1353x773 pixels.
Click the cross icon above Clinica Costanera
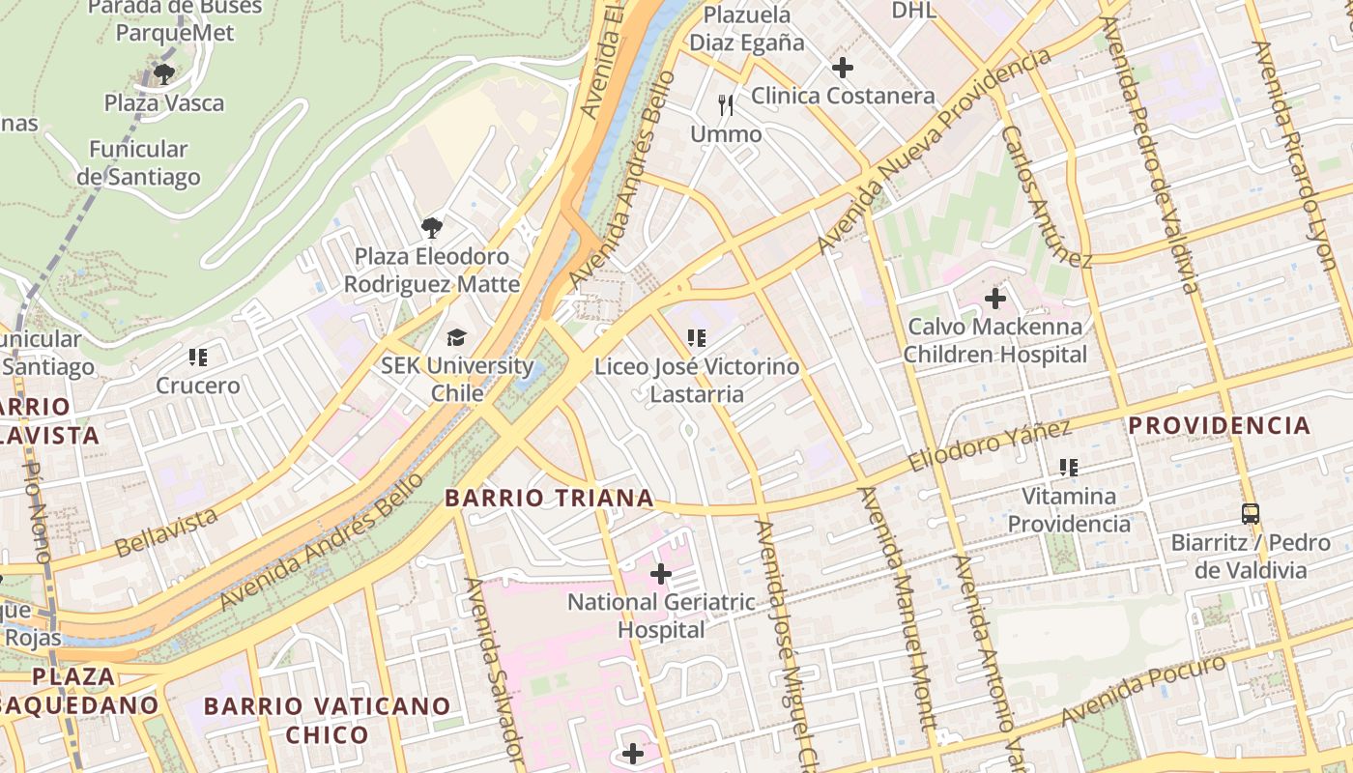pyautogui.click(x=843, y=68)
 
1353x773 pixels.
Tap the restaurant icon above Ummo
pyautogui.click(x=726, y=105)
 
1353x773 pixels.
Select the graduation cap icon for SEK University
pyautogui.click(x=456, y=337)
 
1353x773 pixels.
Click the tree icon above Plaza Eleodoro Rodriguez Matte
pyautogui.click(x=432, y=228)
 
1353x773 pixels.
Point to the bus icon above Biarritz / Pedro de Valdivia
pyautogui.click(x=1251, y=513)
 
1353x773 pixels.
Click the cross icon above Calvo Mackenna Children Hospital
pyautogui.click(x=994, y=299)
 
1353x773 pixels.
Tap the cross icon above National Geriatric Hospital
pyautogui.click(x=661, y=574)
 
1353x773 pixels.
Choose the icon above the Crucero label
pyautogui.click(x=198, y=358)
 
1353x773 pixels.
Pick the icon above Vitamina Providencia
pyautogui.click(x=1068, y=468)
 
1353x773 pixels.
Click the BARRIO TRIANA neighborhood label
pyautogui.click(x=549, y=499)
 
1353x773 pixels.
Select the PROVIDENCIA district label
pyautogui.click(x=1220, y=425)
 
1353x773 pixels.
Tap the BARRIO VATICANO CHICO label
pyautogui.click(x=327, y=720)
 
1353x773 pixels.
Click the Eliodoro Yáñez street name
pyautogui.click(x=990, y=446)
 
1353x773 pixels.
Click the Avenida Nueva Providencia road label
pyautogui.click(x=934, y=151)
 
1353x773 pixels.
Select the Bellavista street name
pyautogui.click(x=165, y=533)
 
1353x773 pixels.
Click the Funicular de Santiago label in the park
pyautogui.click(x=138, y=163)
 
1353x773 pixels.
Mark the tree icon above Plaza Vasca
pyautogui.click(x=163, y=73)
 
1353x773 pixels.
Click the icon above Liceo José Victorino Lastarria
pyautogui.click(x=696, y=338)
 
